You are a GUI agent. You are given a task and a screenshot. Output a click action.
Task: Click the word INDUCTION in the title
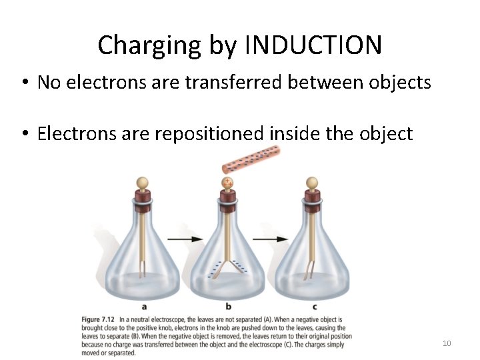tap(313, 45)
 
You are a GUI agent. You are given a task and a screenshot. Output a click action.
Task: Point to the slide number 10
tap(447, 343)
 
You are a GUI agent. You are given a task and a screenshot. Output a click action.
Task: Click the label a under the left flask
tap(145, 307)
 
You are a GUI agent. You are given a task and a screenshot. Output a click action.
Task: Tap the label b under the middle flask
tap(228, 307)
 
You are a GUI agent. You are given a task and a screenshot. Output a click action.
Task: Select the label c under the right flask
tap(314, 307)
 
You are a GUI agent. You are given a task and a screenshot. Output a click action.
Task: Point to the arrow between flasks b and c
tap(270, 238)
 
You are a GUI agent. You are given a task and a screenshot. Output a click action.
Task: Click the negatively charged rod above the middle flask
tap(251, 161)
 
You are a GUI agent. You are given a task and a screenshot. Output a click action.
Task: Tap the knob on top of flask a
tap(142, 182)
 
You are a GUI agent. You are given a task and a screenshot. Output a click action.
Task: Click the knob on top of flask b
tap(228, 182)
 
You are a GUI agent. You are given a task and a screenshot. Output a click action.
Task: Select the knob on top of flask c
tap(311, 182)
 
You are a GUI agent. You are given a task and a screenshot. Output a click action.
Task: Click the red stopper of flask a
tap(142, 197)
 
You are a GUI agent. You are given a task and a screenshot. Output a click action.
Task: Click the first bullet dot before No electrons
tap(23, 83)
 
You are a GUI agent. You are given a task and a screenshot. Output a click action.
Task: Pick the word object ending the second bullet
tap(386, 133)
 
